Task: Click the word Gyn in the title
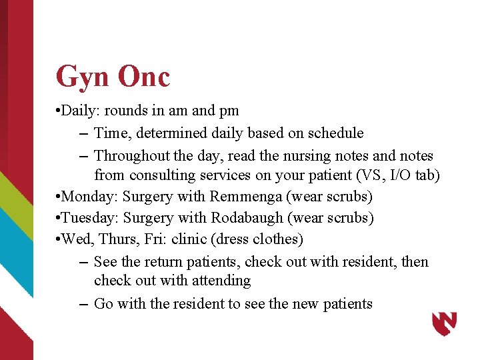pos(83,77)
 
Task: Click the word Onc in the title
pos(144,76)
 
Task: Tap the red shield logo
pos(445,324)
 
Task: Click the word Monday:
pos(92,197)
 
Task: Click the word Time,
pos(112,133)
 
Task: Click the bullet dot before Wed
pos(61,239)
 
